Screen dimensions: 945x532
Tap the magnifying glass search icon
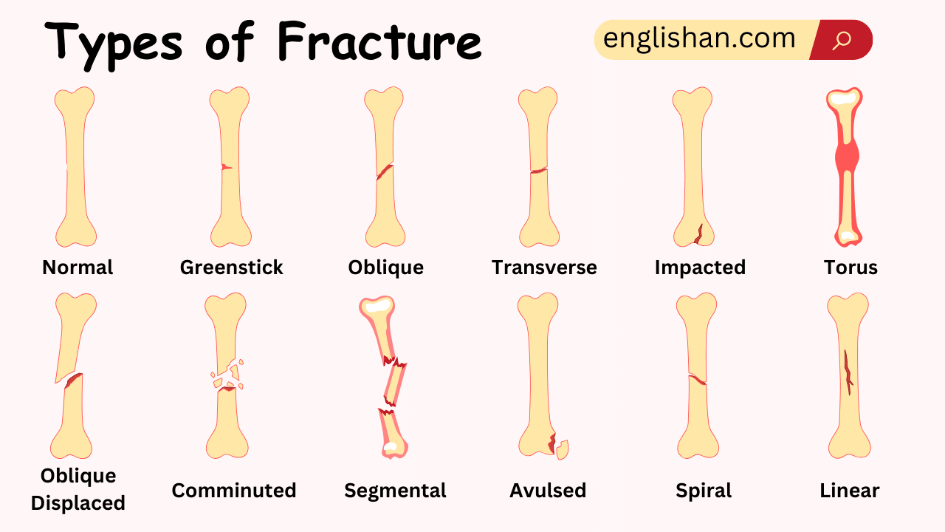pos(842,40)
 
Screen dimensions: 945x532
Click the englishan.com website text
pos(699,38)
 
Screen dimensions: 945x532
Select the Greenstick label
pos(231,267)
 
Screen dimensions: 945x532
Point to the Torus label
pos(850,267)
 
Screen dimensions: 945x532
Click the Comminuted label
pos(234,491)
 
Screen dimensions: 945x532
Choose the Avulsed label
pos(548,491)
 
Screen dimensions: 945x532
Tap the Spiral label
pos(704,491)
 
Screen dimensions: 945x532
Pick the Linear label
pos(849,491)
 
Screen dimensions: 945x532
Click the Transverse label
pos(544,267)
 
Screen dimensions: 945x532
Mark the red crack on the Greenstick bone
pos(226,167)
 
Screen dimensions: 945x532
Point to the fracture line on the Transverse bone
pos(538,171)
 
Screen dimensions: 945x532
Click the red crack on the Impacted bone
pos(698,234)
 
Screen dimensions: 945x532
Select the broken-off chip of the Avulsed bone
pos(563,449)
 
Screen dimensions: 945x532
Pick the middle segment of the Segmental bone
pos(395,384)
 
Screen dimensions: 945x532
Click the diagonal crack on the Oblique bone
pos(384,172)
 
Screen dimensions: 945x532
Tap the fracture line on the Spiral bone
pos(698,380)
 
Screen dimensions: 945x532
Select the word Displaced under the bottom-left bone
pos(78,504)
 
